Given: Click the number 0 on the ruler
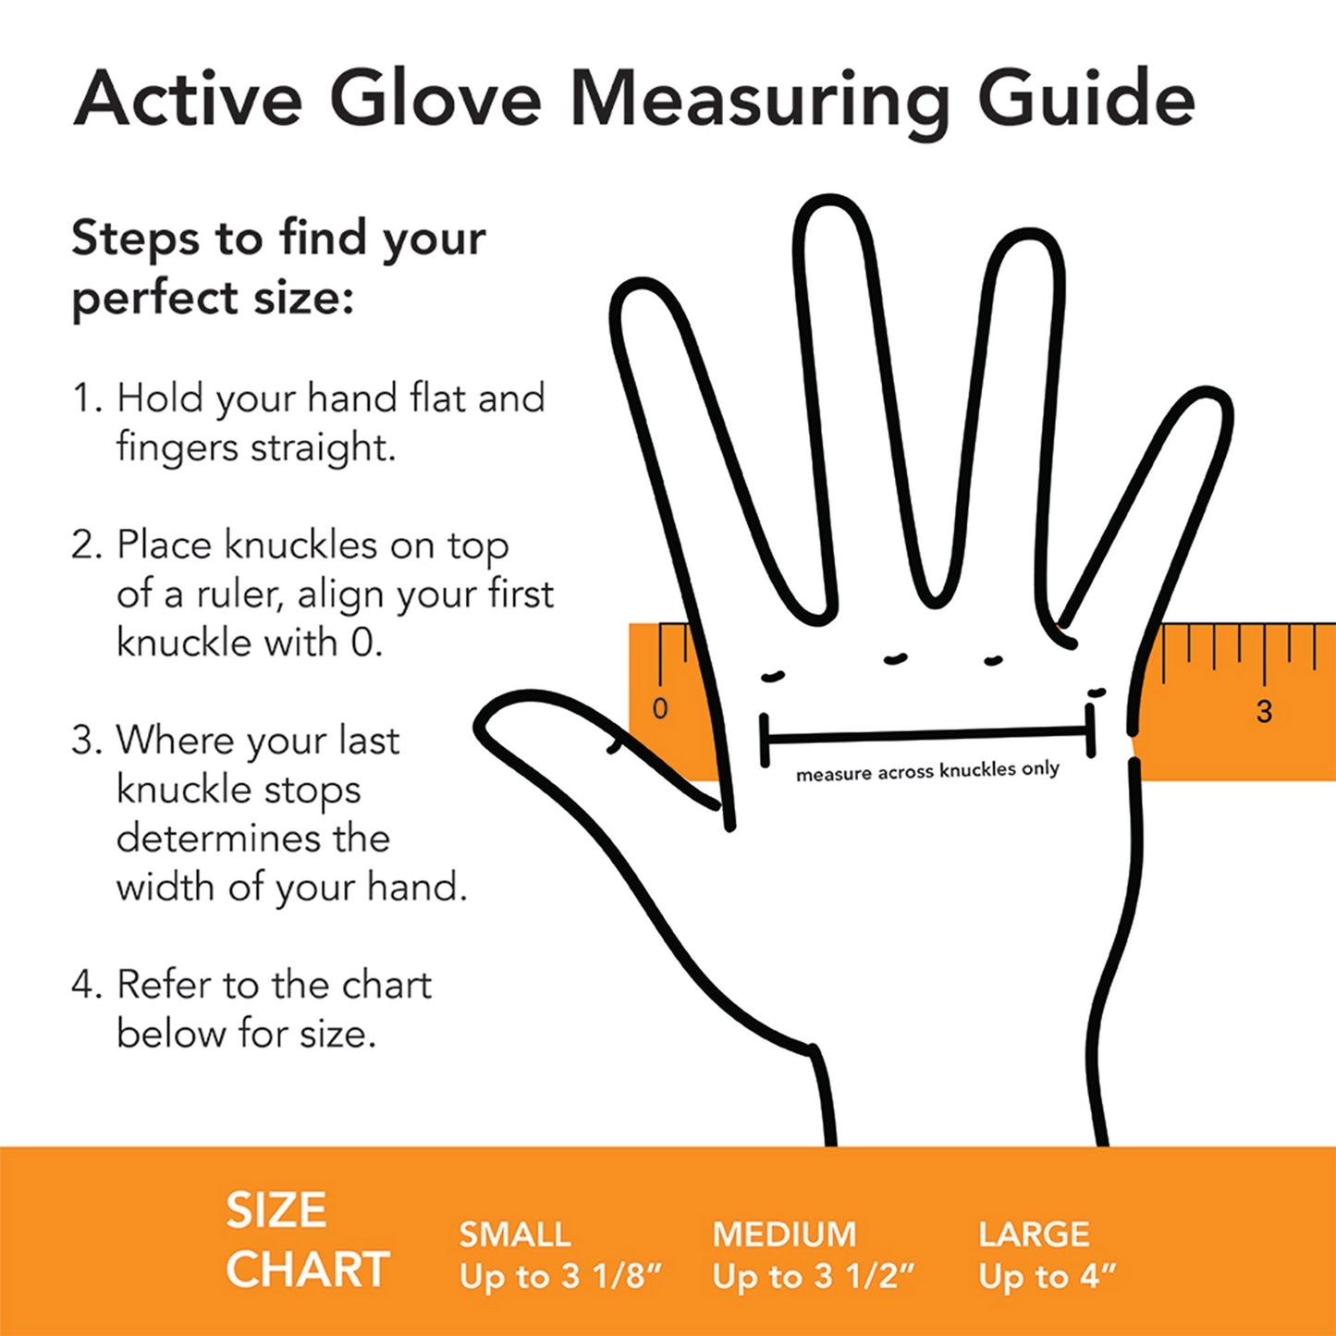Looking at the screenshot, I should pos(659,709).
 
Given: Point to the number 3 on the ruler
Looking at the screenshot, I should pos(1264,711).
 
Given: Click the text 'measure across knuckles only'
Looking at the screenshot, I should pos(927,771).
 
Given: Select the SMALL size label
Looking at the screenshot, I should pos(515,1234).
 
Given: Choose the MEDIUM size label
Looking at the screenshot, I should pos(784,1234).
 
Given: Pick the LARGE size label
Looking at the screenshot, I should pos(1034,1234).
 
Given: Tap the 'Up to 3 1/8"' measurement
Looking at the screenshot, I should pos(561,1277).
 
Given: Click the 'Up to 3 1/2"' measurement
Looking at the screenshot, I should pos(813,1277).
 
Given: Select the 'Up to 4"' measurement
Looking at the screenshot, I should pos(1047,1277).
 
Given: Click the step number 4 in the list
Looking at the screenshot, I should pos(85,985).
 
